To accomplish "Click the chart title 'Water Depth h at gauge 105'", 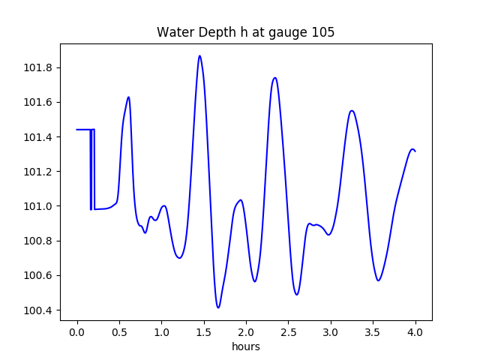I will click(245, 32).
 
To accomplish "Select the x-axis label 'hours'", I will click(246, 346).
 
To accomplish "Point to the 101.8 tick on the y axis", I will click(39, 67).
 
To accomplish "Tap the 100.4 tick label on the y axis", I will click(39, 310).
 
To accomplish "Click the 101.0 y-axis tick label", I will click(39, 206).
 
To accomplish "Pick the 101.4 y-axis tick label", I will click(39, 137).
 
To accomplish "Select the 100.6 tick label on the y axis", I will click(39, 275).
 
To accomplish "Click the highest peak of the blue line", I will click(199, 55).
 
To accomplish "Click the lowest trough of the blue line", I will click(218, 307).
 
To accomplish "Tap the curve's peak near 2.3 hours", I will click(275, 77).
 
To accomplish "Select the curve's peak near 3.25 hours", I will click(351, 111).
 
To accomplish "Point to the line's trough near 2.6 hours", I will click(297, 294).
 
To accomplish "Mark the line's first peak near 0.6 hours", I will click(128, 97).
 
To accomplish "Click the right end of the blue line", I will click(415, 151).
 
